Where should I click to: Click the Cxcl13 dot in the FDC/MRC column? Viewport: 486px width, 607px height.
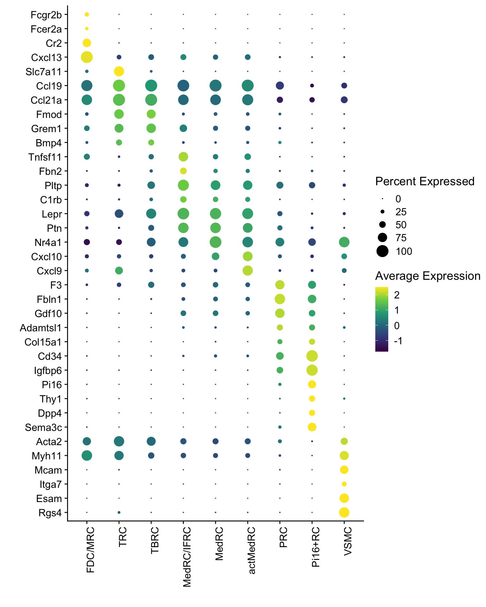(x=87, y=57)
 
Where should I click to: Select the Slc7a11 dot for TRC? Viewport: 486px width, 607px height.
(x=119, y=71)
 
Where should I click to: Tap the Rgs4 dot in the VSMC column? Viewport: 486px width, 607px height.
(x=344, y=512)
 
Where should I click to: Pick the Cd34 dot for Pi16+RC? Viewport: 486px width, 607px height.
(x=312, y=356)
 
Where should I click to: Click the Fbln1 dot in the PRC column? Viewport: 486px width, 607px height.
(x=280, y=299)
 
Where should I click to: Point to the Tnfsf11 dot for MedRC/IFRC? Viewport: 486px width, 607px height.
(x=183, y=156)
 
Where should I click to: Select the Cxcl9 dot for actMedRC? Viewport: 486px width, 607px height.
(x=247, y=270)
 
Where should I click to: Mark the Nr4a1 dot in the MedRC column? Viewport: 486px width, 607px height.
(x=215, y=242)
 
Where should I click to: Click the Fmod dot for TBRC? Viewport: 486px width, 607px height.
(x=151, y=114)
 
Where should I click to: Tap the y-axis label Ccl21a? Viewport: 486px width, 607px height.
(x=46, y=100)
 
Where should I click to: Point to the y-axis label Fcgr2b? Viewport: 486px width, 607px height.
(x=46, y=15)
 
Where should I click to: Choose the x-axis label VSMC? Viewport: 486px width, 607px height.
(x=348, y=541)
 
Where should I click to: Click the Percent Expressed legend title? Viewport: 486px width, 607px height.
(x=425, y=181)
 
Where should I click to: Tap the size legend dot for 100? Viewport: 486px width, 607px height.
(x=383, y=251)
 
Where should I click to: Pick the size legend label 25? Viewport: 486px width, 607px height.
(x=401, y=212)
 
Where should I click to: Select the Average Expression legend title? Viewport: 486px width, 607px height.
(x=428, y=276)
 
